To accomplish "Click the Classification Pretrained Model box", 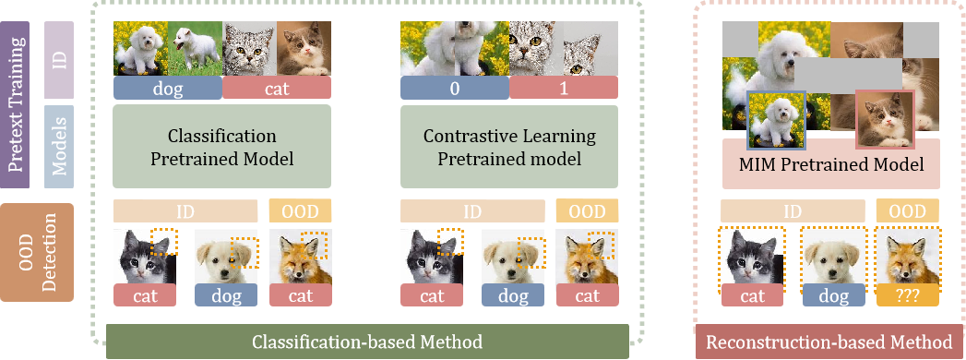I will click(221, 147).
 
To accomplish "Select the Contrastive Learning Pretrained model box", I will click(509, 147).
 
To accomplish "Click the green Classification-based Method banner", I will click(367, 342).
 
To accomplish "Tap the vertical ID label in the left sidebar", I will click(60, 60).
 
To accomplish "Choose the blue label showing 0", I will click(454, 89).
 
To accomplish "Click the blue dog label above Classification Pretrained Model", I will click(167, 89).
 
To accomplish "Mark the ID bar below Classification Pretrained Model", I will click(185, 210).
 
